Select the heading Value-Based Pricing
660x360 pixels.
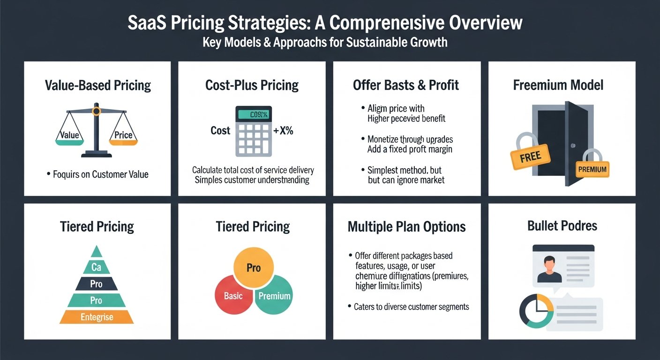tap(97, 85)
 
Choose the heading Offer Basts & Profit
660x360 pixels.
tap(406, 85)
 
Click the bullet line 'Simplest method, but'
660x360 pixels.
tap(405, 170)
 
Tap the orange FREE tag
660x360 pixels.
tap(530, 157)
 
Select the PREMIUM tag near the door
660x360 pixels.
tap(592, 169)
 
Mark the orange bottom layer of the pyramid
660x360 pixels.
tap(97, 317)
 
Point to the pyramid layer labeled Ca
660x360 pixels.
tap(97, 267)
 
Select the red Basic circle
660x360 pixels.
tap(232, 296)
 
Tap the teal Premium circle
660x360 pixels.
tap(274, 296)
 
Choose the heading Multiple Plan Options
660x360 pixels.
tap(406, 227)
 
